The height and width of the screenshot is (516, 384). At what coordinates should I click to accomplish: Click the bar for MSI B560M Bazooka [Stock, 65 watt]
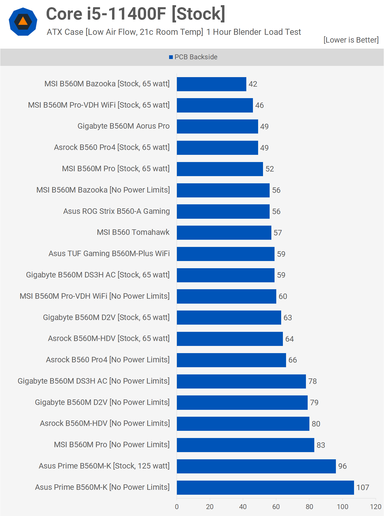[x=211, y=84]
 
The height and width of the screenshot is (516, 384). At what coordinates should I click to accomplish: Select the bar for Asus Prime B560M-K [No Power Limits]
[x=265, y=488]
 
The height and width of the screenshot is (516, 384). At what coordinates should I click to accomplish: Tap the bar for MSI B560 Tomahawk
[x=224, y=233]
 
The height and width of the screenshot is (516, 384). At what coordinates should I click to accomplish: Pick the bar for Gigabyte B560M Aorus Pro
[x=217, y=126]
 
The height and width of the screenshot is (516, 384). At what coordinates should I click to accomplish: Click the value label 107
[x=363, y=488]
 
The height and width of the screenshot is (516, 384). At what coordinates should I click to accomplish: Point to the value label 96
[x=342, y=466]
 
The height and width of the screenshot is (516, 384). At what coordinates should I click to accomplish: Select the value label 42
[x=253, y=84]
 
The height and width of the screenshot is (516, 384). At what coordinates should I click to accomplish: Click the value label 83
[x=321, y=445]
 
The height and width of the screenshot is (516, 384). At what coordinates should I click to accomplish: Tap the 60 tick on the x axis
[x=276, y=507]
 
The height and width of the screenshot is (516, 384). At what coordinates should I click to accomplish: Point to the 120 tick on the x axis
[x=375, y=507]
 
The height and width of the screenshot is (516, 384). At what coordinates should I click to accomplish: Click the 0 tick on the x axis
[x=177, y=507]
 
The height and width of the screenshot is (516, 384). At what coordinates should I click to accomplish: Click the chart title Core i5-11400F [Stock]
[x=135, y=14]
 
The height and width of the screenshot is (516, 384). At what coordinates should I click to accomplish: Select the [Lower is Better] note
[x=351, y=40]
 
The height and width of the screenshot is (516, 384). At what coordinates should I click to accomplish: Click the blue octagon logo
[x=23, y=22]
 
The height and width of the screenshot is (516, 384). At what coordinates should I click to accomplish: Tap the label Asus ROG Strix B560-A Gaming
[x=116, y=211]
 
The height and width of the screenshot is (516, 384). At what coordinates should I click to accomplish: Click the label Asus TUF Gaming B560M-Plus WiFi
[x=109, y=254]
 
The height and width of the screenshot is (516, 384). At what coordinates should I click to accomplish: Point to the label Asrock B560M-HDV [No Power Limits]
[x=105, y=423]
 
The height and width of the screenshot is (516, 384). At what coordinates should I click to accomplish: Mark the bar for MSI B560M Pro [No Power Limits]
[x=245, y=445]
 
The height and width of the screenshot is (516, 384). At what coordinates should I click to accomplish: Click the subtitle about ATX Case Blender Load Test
[x=174, y=32]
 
